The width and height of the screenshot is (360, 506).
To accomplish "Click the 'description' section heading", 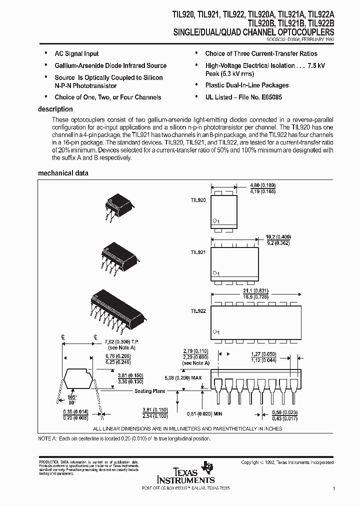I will coord(55,109).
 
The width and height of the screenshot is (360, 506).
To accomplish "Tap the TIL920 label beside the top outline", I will coord(197,199).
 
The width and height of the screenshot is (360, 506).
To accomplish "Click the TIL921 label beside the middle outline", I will coord(197,253).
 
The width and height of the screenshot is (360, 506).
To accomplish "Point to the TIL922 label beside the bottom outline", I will coord(197,310).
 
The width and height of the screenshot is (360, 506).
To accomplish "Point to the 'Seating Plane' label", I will coord(150,391).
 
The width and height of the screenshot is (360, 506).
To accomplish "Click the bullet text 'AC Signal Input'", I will coord(76,53).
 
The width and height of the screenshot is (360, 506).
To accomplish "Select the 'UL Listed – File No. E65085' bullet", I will coord(243,97).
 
